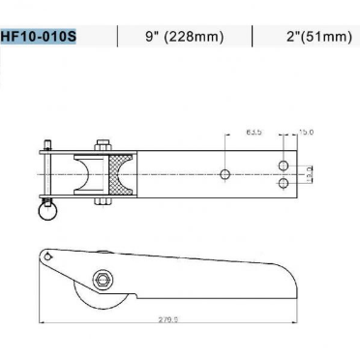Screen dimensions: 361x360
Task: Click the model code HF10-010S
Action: point(39,38)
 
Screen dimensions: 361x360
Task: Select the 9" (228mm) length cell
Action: point(184,38)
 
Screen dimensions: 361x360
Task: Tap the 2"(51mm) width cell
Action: point(312,38)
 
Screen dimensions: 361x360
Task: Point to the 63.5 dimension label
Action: point(254,131)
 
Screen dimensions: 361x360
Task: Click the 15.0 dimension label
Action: point(306,131)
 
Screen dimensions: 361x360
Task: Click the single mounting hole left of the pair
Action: point(225,175)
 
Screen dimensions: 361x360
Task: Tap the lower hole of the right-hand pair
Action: point(283,183)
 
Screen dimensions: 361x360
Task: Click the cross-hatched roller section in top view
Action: point(120,175)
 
